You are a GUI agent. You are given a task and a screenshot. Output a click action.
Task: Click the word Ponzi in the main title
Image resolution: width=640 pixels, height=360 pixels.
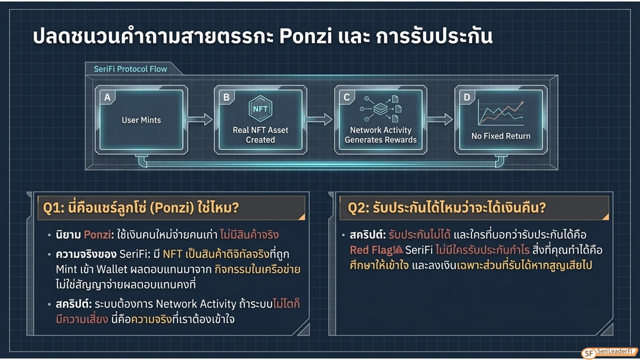(x=306, y=36)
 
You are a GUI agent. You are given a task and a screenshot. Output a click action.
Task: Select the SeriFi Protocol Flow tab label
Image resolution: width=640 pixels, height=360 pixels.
(x=130, y=69)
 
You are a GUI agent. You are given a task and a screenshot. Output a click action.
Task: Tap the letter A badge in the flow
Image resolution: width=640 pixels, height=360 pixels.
(x=108, y=97)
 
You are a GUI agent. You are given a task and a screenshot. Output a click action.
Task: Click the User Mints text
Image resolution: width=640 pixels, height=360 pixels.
(x=141, y=120)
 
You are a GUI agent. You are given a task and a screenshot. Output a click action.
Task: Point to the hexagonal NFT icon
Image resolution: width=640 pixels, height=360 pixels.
(x=260, y=109)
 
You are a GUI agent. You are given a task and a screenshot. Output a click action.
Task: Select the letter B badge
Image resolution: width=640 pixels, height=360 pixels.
(x=226, y=97)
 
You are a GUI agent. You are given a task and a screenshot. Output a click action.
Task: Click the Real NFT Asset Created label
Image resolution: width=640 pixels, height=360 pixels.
(x=261, y=135)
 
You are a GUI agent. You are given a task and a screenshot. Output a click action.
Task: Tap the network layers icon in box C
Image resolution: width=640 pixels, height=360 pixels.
(x=381, y=109)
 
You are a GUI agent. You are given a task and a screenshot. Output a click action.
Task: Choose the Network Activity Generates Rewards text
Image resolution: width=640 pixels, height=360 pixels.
(x=381, y=135)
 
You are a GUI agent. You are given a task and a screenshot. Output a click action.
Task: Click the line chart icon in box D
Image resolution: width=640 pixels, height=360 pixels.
(x=501, y=113)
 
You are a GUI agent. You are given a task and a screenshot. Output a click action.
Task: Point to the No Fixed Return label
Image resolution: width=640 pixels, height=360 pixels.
(x=501, y=136)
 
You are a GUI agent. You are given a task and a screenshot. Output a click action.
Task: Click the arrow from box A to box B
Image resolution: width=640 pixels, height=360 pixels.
(x=200, y=119)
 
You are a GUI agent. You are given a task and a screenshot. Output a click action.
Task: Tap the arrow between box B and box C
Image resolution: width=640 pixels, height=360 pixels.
(x=320, y=119)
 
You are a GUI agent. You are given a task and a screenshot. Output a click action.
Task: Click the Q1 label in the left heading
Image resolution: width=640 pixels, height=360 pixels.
(x=54, y=208)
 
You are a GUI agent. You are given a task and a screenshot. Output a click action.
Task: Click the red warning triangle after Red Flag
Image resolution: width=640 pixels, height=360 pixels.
(x=398, y=250)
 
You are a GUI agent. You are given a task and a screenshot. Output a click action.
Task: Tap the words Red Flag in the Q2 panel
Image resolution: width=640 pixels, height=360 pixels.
(x=372, y=250)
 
